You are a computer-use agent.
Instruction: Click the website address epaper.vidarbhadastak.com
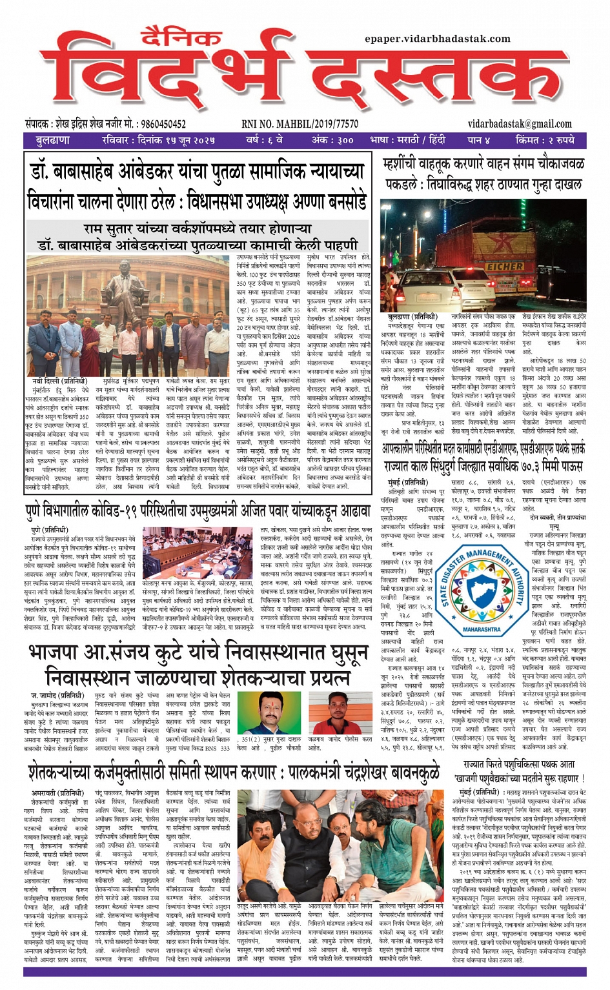437,39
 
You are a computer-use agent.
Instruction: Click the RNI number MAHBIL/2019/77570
300,124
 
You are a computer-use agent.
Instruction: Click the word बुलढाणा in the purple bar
53,140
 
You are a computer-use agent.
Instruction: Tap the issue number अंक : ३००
332,140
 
